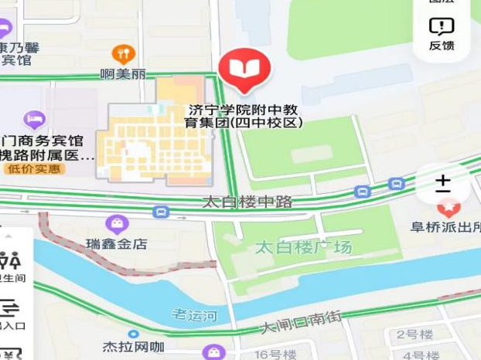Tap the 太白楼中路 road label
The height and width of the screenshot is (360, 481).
pyautogui.click(x=247, y=202)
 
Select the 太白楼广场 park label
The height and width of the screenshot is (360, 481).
pyautogui.click(x=303, y=248)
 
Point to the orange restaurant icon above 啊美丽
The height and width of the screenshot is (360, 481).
pyautogui.click(x=123, y=53)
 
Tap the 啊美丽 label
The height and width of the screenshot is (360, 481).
pyautogui.click(x=123, y=75)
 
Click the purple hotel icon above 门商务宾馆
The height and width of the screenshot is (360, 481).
pyautogui.click(x=34, y=119)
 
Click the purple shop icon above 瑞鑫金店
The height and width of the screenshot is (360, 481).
pyautogui.click(x=117, y=225)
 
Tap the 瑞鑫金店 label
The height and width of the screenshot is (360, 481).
pyautogui.click(x=117, y=244)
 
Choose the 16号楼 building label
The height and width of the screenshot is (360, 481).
pyautogui.click(x=274, y=354)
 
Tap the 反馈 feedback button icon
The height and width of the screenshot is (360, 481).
pyautogui.click(x=442, y=27)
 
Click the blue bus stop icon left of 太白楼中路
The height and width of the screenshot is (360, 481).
pyautogui.click(x=161, y=212)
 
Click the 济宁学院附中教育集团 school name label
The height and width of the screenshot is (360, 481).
pyautogui.click(x=245, y=116)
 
